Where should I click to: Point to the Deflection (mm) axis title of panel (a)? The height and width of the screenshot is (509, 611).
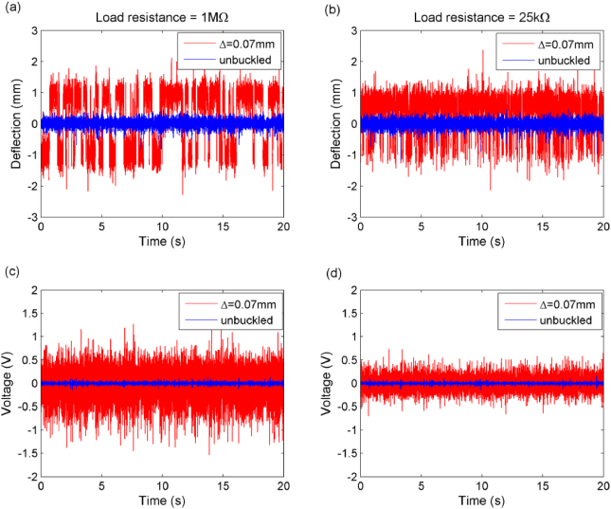[x=16, y=123]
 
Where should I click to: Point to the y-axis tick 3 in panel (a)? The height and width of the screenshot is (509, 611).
[x=34, y=31]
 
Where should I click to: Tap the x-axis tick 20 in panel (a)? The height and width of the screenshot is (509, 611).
[x=283, y=228]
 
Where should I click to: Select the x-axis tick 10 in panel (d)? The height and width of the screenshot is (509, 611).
[x=482, y=488]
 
